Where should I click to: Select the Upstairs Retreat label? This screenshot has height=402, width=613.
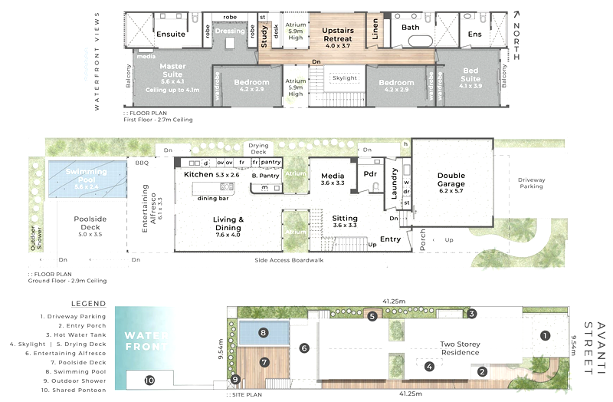coord(336,34)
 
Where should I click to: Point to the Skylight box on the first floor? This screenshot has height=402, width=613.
coord(344,78)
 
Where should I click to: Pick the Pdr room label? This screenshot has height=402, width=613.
coord(370,173)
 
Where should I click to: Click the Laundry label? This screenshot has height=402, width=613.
coord(395,185)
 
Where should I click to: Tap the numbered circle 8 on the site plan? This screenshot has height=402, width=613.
coord(263,333)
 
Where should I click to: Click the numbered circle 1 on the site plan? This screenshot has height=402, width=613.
coord(545,334)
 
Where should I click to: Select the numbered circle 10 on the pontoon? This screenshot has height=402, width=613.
coord(149,380)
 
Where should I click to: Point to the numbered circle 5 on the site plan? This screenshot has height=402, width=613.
coord(372,315)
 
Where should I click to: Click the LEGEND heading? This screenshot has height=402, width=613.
coord(88,304)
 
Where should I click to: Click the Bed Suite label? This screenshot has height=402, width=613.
coord(470,75)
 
